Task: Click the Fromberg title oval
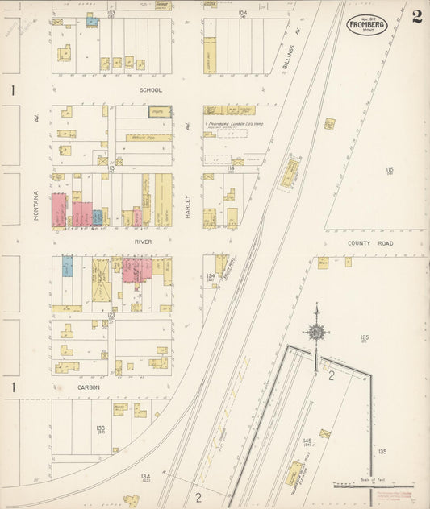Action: (368, 24)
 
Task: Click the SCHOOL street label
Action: (151, 90)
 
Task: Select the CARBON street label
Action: (89, 387)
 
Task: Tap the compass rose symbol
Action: (316, 332)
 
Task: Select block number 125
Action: (364, 337)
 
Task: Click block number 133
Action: (101, 428)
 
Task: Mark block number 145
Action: (307, 441)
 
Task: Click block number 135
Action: (382, 452)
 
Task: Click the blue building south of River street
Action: (67, 266)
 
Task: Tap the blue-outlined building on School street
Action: (160, 111)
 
